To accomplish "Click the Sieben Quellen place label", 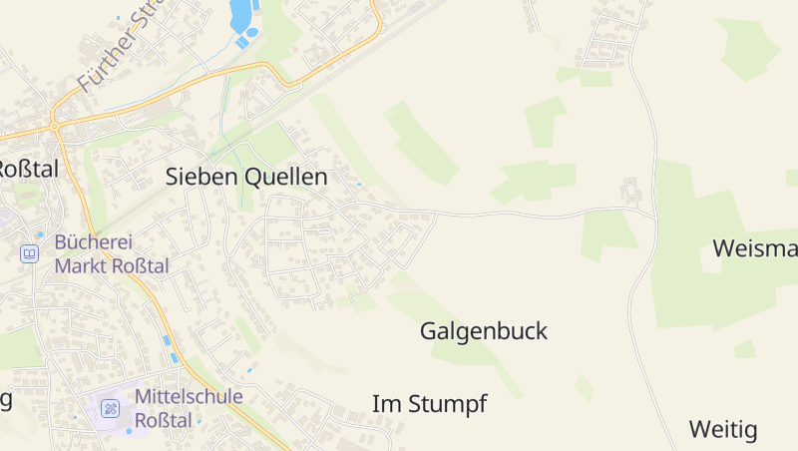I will pyautogui.click(x=245, y=178).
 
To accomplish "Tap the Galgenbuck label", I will pyautogui.click(x=484, y=331).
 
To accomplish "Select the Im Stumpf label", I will pyautogui.click(x=429, y=404).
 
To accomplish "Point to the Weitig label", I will pyautogui.click(x=723, y=430).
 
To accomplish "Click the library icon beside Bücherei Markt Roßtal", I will pyautogui.click(x=30, y=253).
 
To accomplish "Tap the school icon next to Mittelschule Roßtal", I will pyautogui.click(x=111, y=408).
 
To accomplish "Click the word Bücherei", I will pyautogui.click(x=94, y=241).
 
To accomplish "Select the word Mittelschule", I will pyautogui.click(x=188, y=396).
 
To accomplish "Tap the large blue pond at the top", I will pyautogui.click(x=240, y=14).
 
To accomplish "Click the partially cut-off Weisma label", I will pyautogui.click(x=755, y=248).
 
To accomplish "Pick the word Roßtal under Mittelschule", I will pyautogui.click(x=163, y=420).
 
